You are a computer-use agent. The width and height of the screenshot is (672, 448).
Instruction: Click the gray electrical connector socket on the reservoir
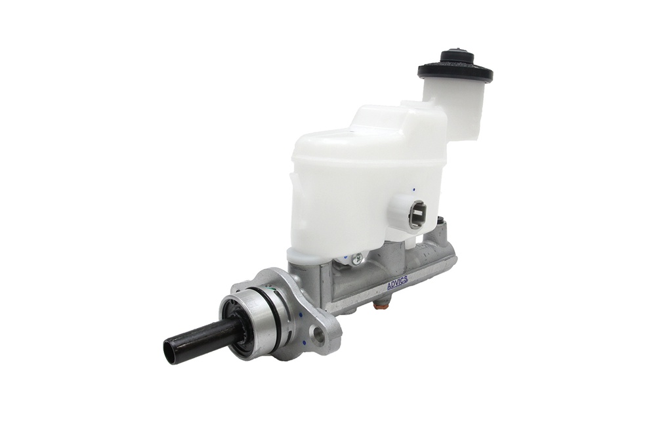click(417, 215)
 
